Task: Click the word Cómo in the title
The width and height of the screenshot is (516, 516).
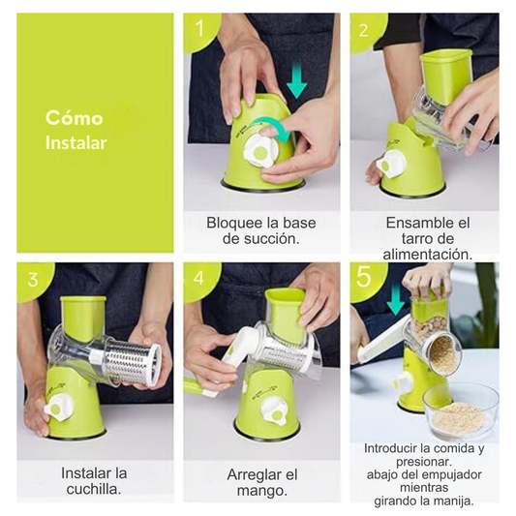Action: [74, 117]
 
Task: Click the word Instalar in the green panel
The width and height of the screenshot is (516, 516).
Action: [76, 143]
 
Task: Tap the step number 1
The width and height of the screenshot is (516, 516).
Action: [199, 28]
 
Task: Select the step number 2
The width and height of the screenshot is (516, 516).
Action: [363, 31]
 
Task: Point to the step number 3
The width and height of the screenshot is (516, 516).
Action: [33, 280]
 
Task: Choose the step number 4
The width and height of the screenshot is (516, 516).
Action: [198, 278]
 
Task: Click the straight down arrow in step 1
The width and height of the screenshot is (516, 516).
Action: [296, 81]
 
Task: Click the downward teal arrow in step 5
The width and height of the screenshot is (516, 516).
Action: [395, 299]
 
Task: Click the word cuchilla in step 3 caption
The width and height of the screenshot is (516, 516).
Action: [93, 489]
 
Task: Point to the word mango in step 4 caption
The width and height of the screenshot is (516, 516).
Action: [261, 491]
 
